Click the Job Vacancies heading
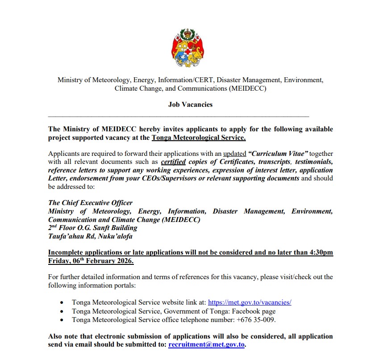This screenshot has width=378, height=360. click(190, 105)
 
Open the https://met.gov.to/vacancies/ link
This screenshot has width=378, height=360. click(249, 302)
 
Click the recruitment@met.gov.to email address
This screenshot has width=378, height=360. click(207, 345)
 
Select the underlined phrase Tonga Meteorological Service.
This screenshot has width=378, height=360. click(199, 138)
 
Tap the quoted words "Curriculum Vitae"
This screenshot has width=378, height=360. click(278, 154)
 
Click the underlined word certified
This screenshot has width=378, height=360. click(173, 162)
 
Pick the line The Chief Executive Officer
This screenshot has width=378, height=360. click(90, 203)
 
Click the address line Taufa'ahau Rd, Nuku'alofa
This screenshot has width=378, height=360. click(90, 236)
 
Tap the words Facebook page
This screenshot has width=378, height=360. click(255, 311)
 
